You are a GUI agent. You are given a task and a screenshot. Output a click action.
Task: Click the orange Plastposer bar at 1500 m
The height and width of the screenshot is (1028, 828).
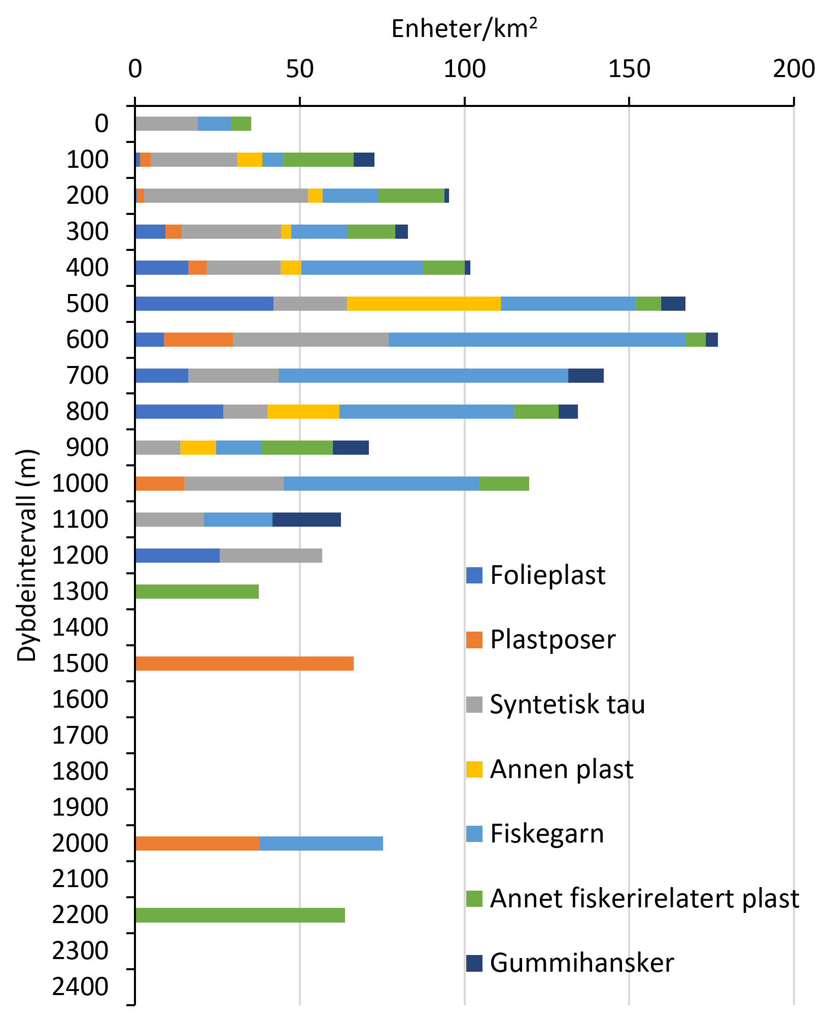coord(244,663)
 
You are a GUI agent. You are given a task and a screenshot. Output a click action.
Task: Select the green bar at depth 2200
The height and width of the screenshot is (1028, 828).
coord(240,915)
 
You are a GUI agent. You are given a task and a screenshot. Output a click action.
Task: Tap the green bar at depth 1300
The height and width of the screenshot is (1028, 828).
coord(197,591)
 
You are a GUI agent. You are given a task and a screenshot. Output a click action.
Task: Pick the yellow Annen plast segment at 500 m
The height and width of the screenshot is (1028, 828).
coord(424,304)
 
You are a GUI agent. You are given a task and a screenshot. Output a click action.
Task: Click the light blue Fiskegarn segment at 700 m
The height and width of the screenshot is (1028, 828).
coord(423,376)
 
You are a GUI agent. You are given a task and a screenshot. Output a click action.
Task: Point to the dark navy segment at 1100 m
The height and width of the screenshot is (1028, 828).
coord(306,520)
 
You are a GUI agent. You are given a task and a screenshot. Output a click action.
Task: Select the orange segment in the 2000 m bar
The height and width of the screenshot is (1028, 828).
coord(197,843)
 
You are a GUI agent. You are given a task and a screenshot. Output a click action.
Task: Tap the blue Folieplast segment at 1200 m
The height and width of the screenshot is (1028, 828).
coord(178,556)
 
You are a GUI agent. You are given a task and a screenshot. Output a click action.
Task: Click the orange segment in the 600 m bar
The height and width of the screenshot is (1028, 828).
coord(198,340)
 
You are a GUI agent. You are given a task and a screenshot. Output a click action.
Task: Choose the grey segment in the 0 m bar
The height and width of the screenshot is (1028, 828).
coord(166,124)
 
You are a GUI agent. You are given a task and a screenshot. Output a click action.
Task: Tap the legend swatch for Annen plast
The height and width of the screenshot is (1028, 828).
coord(474,769)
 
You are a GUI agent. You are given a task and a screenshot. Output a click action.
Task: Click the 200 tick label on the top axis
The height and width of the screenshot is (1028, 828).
coord(793,69)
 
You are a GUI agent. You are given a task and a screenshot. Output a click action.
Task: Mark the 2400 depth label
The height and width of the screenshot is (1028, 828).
coord(80,987)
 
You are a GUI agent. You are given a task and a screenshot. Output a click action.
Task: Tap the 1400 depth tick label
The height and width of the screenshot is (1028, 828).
coord(80,628)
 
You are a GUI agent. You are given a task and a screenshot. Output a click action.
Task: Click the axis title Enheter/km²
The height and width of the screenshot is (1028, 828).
coord(464,29)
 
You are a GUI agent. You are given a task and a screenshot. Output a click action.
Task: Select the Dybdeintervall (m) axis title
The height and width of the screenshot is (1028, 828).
coord(27,555)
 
